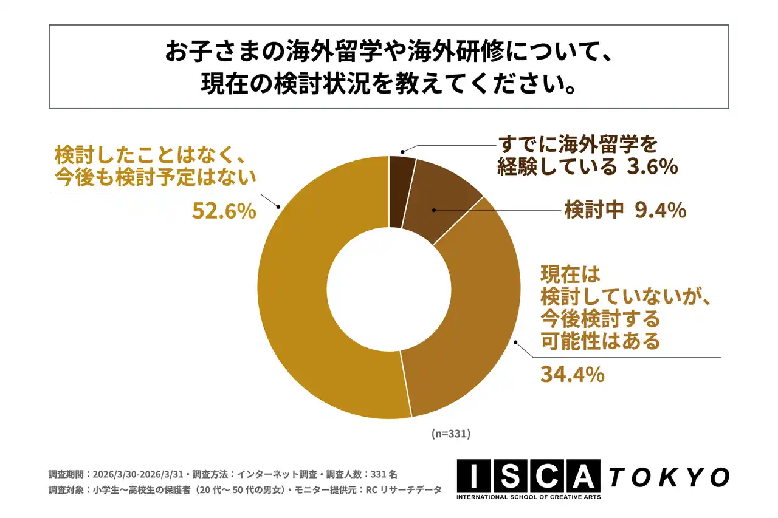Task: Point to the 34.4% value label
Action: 572,374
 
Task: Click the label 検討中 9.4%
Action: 625,210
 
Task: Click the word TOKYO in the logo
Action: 669,477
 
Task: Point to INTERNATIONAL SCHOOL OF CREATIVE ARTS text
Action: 529,497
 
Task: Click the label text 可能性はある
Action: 600,341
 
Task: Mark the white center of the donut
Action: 389,287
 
